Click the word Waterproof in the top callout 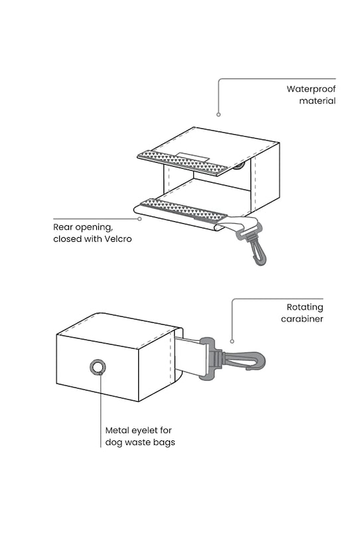click(x=311, y=89)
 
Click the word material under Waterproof click(x=317, y=101)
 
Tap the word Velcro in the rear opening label click(x=118, y=238)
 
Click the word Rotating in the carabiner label click(x=305, y=307)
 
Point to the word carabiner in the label click(x=302, y=319)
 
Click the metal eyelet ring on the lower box click(x=98, y=367)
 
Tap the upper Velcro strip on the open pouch click(x=183, y=163)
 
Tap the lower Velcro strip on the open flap click(x=183, y=209)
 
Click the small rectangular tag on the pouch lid click(x=192, y=157)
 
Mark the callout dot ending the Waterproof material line click(x=219, y=114)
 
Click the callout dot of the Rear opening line click(x=139, y=219)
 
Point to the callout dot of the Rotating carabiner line click(x=232, y=341)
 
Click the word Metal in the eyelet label click(x=118, y=430)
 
